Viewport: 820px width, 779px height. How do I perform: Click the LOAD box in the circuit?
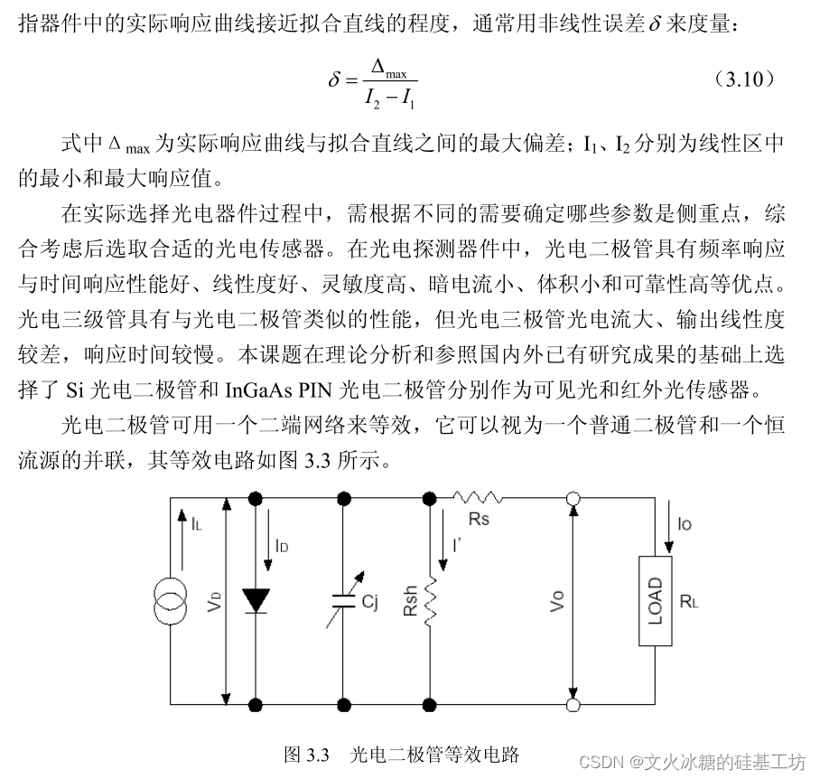point(656,601)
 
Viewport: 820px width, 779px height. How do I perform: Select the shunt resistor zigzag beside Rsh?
point(432,601)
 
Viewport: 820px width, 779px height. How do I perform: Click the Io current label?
point(685,522)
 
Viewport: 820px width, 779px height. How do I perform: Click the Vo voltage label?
point(559,601)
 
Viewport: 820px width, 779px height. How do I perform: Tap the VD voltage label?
point(214,601)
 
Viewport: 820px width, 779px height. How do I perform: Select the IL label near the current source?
point(196,521)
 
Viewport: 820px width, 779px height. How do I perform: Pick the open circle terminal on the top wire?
point(573,498)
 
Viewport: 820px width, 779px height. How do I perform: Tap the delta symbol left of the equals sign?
point(334,80)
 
